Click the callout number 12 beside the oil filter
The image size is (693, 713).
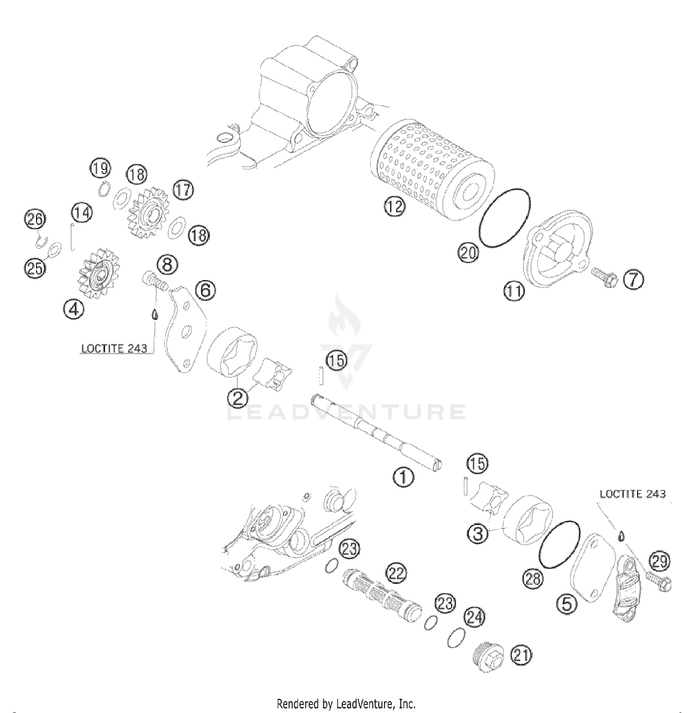coord(394,207)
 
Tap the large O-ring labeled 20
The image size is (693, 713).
coord(505,217)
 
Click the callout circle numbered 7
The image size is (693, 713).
coord(633,280)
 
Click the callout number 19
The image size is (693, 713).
coord(100,168)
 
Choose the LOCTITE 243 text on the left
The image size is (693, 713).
coord(114,348)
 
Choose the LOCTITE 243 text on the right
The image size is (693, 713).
coord(632,494)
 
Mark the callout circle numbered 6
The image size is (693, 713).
coord(205,290)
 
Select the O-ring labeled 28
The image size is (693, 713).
coord(559,545)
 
